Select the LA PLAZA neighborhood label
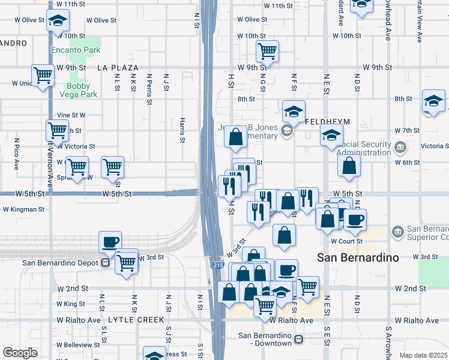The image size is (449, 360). click(x=118, y=68)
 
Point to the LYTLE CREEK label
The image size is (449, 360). click(x=135, y=320)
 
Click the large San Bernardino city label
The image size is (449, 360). click(x=358, y=257)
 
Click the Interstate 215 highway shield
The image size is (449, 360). click(x=218, y=264)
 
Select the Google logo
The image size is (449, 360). click(x=20, y=352)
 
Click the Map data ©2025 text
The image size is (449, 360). click(x=423, y=355)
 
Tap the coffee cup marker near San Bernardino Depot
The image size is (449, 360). click(x=110, y=242)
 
